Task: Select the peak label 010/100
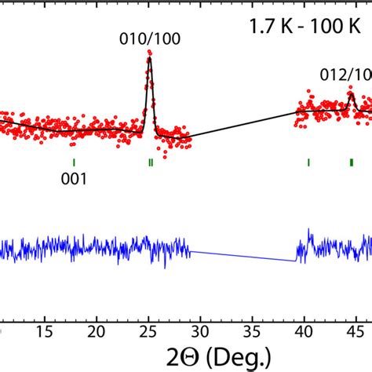pyautogui.click(x=148, y=39)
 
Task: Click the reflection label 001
pyautogui.click(x=74, y=178)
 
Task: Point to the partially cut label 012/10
pyautogui.click(x=346, y=75)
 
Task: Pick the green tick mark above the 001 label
pyautogui.click(x=74, y=162)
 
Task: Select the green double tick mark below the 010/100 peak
pyautogui.click(x=150, y=162)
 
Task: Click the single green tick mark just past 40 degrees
pyautogui.click(x=308, y=162)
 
